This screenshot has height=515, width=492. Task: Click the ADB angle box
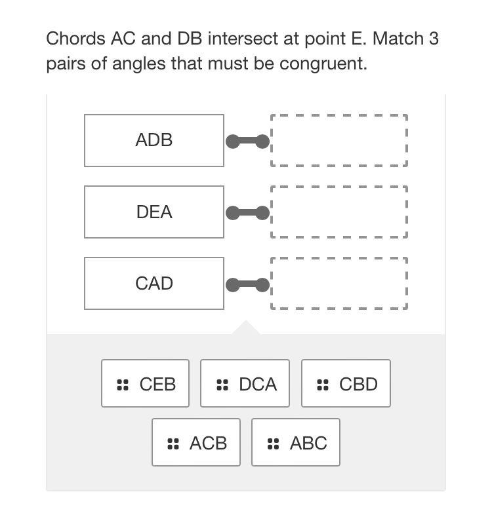pos(154,140)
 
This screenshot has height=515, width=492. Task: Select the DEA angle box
pos(154,212)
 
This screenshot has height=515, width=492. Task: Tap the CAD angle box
pos(154,283)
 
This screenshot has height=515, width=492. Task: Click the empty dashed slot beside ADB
pos(338,140)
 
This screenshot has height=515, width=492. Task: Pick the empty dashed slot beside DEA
pos(338,212)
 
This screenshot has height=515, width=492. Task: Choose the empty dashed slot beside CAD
pos(338,283)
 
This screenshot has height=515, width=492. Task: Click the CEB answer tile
pos(146,384)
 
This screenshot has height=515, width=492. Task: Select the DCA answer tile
pos(245,384)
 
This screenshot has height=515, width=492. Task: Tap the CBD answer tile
pos(346,384)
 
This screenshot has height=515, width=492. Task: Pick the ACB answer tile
pos(196,443)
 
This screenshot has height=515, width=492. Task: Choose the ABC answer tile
pos(296,443)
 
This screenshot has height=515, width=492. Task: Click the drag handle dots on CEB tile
pos(121,385)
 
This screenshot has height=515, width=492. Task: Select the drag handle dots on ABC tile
pos(272,444)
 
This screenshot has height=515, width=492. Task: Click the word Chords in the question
pos(76,39)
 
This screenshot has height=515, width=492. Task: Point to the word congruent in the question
pos(322,65)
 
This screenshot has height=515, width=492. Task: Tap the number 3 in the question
pos(433,39)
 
